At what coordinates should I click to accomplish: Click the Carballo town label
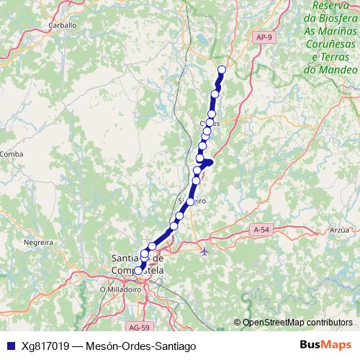click(x=63, y=24)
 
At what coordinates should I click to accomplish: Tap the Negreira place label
click(x=40, y=243)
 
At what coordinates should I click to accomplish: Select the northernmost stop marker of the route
click(x=221, y=69)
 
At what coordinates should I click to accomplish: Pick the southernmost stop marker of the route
click(x=139, y=271)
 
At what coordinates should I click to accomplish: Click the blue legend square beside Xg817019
click(x=9, y=346)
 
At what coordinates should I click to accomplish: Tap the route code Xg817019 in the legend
click(x=47, y=346)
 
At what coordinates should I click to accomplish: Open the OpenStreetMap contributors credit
click(x=297, y=322)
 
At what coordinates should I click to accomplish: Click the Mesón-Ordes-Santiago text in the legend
click(x=141, y=346)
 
